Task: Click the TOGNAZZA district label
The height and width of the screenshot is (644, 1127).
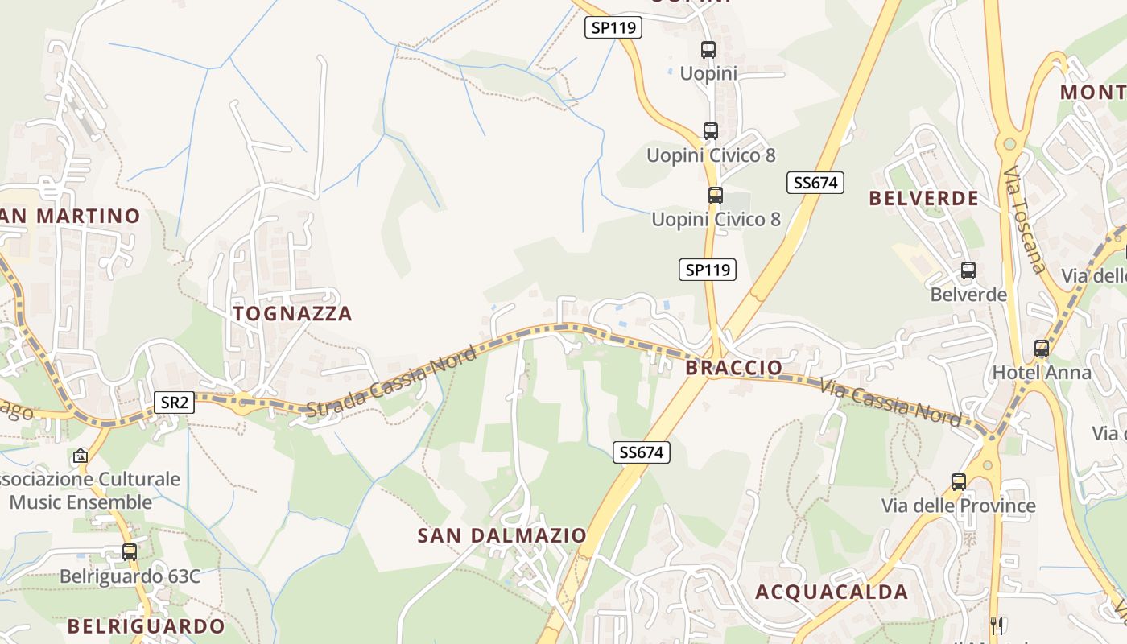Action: pos(292,313)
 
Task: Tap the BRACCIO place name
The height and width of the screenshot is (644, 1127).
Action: pos(733,368)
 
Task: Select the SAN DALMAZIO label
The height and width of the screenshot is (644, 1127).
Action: pos(502,535)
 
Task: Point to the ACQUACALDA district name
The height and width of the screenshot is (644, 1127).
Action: pos(832,592)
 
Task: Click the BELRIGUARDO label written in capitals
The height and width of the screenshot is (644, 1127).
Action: pos(146,625)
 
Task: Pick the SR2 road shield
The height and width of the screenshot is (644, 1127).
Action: pos(174,402)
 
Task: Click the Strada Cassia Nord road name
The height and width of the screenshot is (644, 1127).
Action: pos(391,382)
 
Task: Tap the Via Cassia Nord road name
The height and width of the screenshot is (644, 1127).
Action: pos(890,401)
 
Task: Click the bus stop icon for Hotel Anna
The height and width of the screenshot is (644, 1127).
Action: pos(1042,349)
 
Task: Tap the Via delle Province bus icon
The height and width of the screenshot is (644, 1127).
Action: pos(958,482)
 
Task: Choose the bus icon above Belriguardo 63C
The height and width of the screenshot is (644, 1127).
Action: pos(130,552)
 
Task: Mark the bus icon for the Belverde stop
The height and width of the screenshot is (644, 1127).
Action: pos(968,270)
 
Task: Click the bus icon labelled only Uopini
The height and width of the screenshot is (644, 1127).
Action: pos(708,50)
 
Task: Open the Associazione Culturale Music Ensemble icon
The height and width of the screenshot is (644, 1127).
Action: pos(80,456)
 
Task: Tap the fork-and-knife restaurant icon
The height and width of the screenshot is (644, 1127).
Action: pos(997,624)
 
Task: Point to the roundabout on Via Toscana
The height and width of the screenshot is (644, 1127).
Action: pos(1008,145)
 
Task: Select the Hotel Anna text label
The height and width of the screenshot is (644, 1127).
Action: pos(1042,373)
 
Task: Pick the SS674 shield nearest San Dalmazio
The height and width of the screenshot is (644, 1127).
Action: pos(641,452)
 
